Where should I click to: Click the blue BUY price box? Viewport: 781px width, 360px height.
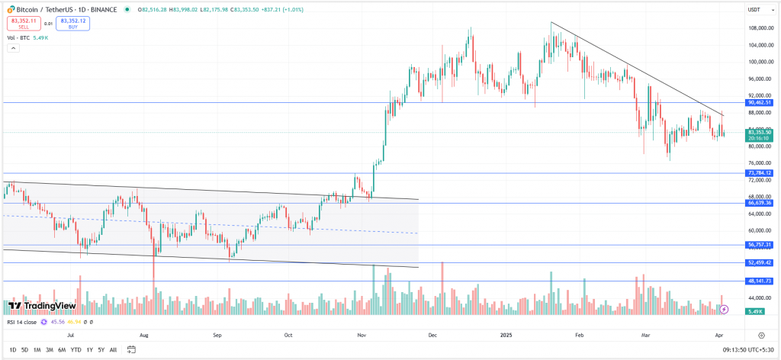click(x=73, y=23)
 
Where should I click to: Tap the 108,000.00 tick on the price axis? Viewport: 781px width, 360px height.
click(x=757, y=29)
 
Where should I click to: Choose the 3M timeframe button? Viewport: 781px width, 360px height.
click(x=49, y=349)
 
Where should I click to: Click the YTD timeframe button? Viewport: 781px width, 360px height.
click(x=76, y=349)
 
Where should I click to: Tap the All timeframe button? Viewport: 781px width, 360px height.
click(x=113, y=349)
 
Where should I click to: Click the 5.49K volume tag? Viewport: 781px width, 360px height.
click(x=755, y=311)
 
